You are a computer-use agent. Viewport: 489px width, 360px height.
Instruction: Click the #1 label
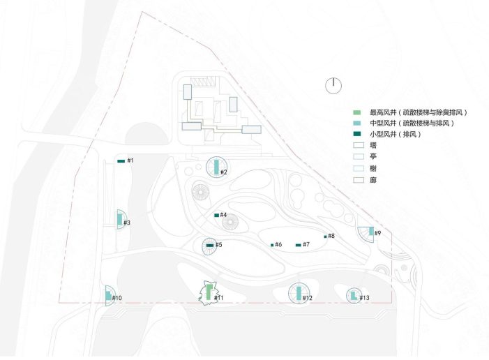pyautogui.click(x=130, y=160)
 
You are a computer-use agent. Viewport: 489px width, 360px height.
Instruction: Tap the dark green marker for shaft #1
pyautogui.click(x=121, y=161)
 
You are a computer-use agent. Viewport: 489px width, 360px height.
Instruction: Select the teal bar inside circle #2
pyautogui.click(x=216, y=167)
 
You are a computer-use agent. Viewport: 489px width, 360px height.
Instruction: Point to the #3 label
pyautogui.click(x=127, y=223)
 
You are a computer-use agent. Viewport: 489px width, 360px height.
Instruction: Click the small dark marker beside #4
pyautogui.click(x=217, y=216)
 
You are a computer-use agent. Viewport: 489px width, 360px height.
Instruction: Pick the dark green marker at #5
pyautogui.click(x=210, y=246)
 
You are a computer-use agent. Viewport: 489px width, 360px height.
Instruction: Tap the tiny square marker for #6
pyautogui.click(x=272, y=245)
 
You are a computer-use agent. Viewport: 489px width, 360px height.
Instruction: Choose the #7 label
pyautogui.click(x=306, y=244)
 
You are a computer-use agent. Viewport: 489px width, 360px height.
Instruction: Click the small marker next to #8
pyautogui.click(x=325, y=237)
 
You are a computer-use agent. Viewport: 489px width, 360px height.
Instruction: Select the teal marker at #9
pyautogui.click(x=371, y=231)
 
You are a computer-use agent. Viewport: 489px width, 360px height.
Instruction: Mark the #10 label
pyautogui.click(x=117, y=298)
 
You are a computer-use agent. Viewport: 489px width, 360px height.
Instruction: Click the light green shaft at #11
pyautogui.click(x=209, y=292)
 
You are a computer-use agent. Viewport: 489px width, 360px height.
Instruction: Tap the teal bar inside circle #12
pyautogui.click(x=299, y=293)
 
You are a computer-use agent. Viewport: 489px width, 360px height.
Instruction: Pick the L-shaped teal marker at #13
pyautogui.click(x=354, y=296)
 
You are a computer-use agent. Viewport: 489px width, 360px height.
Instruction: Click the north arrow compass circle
pyautogui.click(x=333, y=86)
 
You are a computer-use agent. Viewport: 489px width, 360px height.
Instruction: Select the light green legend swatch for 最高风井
pyautogui.click(x=357, y=112)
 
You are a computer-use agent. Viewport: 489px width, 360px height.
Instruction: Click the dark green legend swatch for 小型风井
pyautogui.click(x=357, y=134)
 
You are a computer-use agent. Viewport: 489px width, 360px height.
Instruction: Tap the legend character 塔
pyautogui.click(x=373, y=145)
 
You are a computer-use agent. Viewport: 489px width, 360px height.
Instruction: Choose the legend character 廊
pyautogui.click(x=373, y=180)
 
